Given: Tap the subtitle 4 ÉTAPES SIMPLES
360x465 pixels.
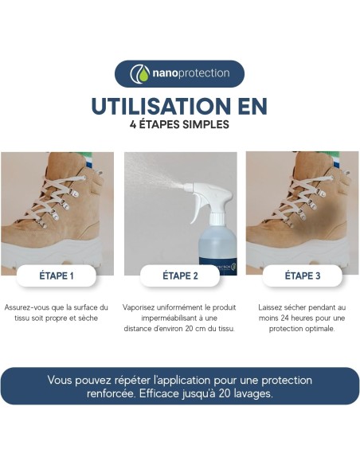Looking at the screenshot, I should point(179,125).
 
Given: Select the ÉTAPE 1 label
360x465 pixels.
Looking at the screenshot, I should point(56,276).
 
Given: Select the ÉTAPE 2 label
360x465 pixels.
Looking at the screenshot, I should point(180,276).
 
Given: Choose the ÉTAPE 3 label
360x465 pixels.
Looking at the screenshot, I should point(303,276).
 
